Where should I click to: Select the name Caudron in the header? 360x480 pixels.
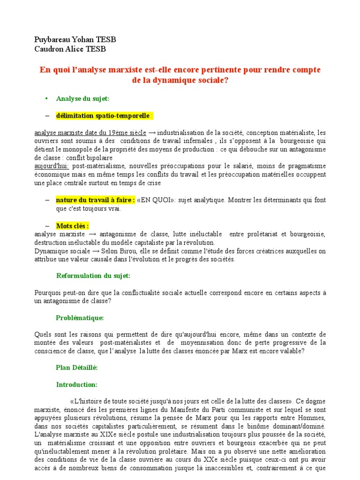pos(49,49)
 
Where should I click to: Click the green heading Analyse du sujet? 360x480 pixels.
pos(82,98)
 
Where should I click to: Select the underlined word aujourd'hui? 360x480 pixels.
pos(52,166)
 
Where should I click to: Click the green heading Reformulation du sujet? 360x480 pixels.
pos(93,275)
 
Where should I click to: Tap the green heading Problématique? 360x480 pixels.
pos(80,318)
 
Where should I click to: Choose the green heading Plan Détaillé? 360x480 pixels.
pos(76,367)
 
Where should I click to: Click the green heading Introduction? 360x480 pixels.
pos(76,384)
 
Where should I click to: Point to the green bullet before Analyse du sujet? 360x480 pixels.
pos(46,98)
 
